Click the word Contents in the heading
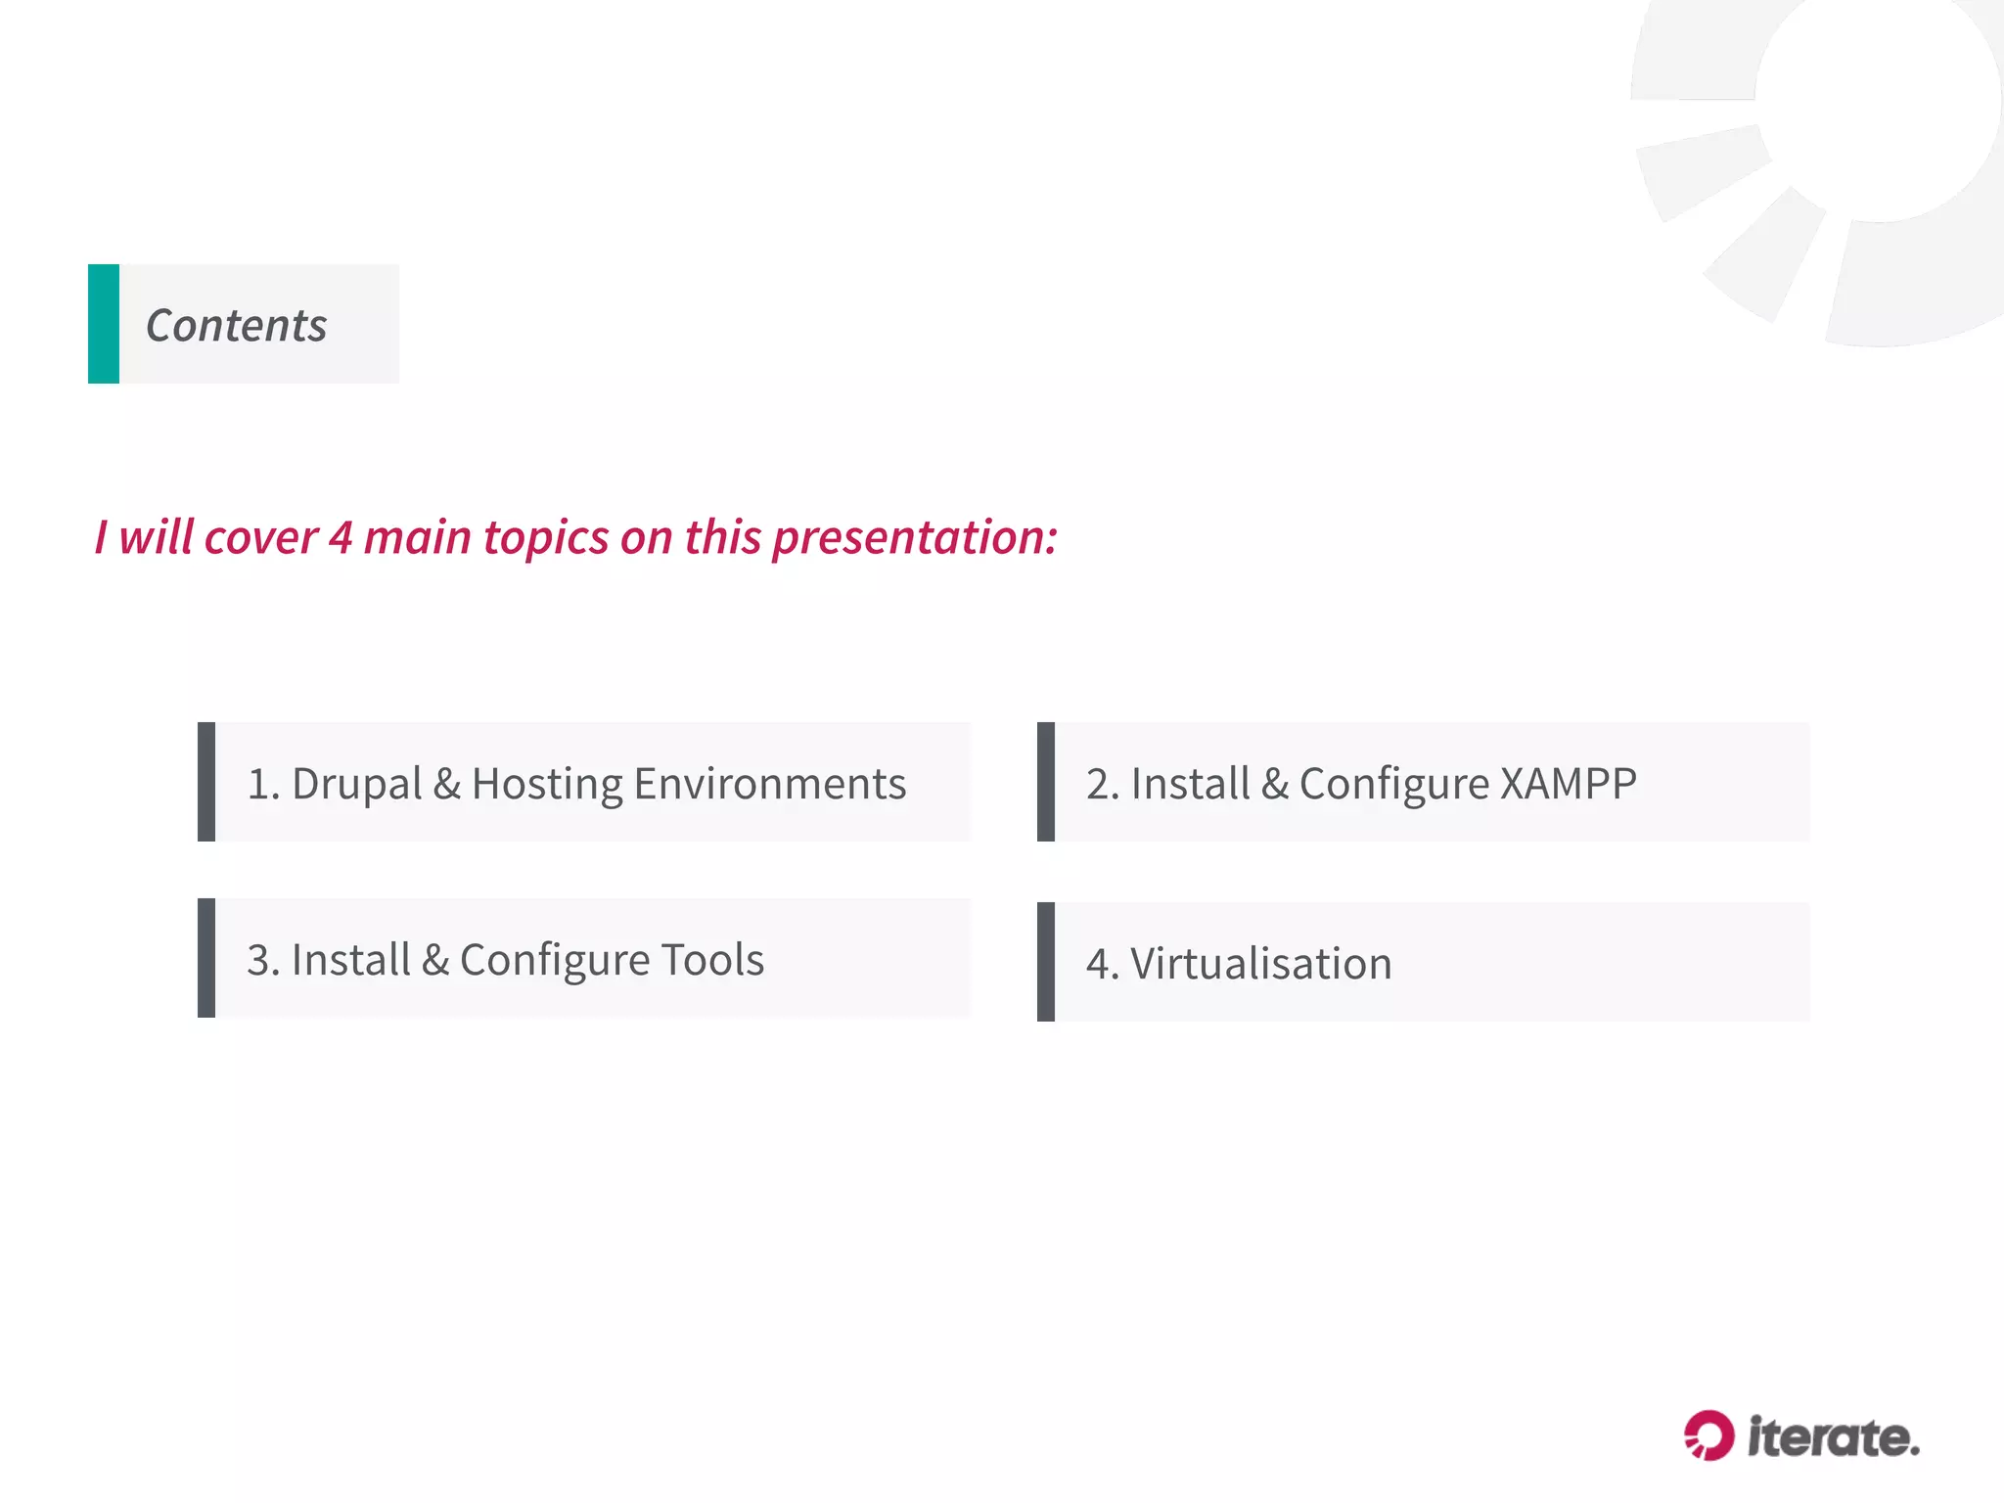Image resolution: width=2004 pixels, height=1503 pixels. pos(236,326)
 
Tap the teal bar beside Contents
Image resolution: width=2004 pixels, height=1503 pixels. pos(104,324)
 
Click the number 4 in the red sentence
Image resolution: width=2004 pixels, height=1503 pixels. pos(340,537)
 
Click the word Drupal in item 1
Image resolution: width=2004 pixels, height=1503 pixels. pos(356,784)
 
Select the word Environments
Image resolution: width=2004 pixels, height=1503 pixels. pos(769,784)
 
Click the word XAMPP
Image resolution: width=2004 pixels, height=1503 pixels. pos(1568,784)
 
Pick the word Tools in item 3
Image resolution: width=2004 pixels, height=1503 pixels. pos(712,960)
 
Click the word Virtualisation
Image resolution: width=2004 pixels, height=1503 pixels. pos(1260,964)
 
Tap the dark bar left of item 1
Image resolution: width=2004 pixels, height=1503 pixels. pos(206,782)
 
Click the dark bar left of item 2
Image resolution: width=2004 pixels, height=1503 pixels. pos(1046,782)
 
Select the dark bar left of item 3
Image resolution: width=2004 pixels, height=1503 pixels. pos(206,958)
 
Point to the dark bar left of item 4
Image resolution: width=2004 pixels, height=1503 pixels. pos(1046,962)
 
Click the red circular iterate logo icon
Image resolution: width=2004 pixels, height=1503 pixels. pos(1708,1435)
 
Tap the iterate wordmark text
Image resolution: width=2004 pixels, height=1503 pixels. pos(1833,1437)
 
